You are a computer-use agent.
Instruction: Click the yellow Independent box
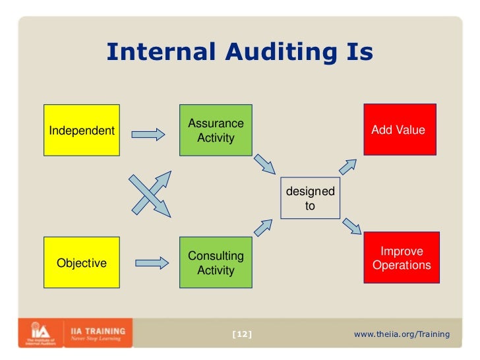tap(81, 131)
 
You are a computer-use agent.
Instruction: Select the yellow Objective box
tap(81, 263)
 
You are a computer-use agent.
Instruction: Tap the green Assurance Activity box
tap(216, 131)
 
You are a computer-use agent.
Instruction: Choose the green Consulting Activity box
tap(216, 263)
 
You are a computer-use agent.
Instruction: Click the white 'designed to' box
tap(310, 198)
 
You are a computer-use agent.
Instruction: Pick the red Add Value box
tap(399, 130)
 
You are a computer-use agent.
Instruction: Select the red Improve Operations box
tap(402, 258)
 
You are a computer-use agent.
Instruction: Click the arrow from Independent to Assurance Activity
tap(148, 135)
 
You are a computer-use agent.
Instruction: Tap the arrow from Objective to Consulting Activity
tap(152, 263)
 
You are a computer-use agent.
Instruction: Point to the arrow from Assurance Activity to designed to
tap(266, 163)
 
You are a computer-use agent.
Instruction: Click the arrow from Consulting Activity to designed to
tap(262, 227)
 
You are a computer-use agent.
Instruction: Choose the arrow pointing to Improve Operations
tap(351, 225)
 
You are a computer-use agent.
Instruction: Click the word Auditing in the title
tap(271, 53)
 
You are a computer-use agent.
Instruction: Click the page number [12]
tap(242, 334)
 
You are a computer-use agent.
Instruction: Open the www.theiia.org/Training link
tap(402, 334)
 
